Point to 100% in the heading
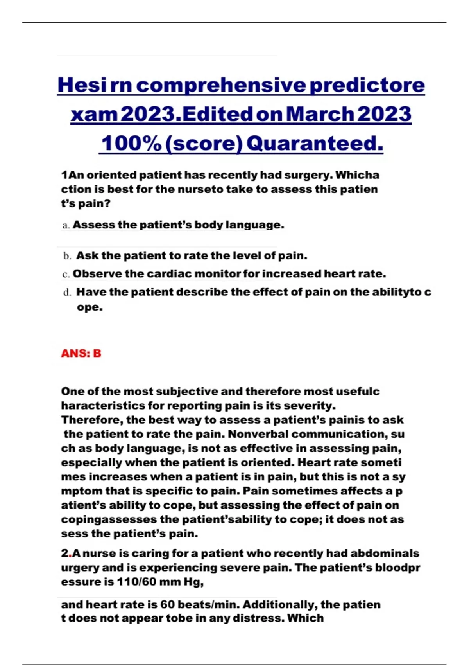131,143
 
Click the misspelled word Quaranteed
315,143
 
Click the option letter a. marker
66,225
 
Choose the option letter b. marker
67,256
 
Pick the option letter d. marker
67,292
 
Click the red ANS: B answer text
81,353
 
